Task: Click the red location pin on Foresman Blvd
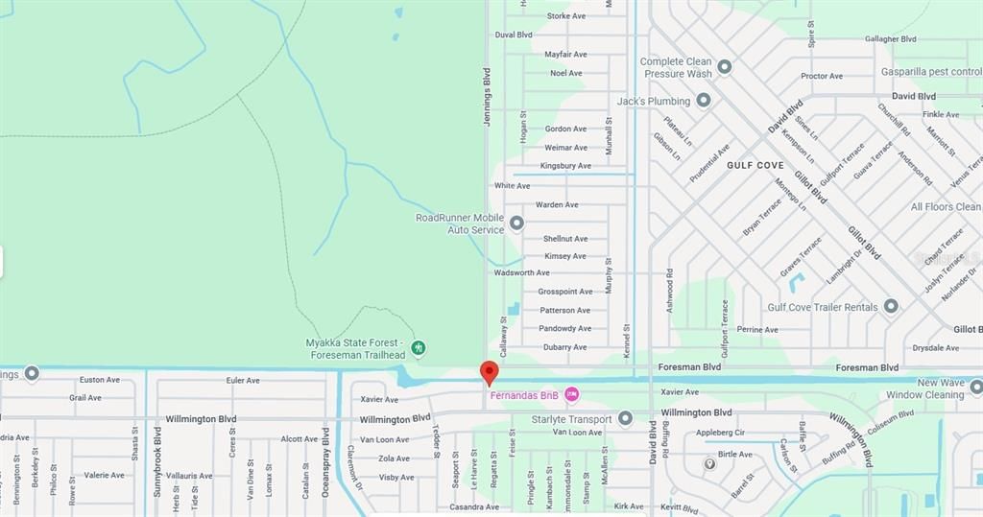click(489, 371)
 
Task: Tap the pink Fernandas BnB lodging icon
click(572, 394)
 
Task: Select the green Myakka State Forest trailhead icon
click(418, 347)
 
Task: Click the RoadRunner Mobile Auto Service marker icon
click(516, 223)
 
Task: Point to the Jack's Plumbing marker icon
click(704, 100)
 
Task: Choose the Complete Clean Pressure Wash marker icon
click(725, 67)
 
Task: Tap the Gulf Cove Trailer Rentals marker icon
click(891, 306)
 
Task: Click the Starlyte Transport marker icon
click(625, 418)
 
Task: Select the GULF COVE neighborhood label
click(755, 165)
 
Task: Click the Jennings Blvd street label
click(487, 97)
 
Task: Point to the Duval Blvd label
click(513, 35)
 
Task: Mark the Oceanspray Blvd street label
click(324, 461)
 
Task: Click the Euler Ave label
click(243, 381)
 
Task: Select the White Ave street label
click(512, 186)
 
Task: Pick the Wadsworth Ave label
click(521, 273)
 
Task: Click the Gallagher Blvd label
click(890, 39)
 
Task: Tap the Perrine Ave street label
click(757, 330)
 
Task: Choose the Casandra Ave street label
click(474, 506)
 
